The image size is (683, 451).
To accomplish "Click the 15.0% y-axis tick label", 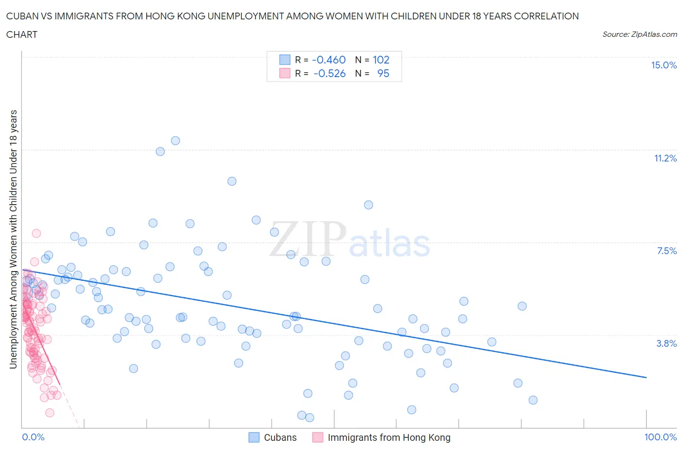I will (x=664, y=65).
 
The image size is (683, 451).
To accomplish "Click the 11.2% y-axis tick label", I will (x=665, y=158).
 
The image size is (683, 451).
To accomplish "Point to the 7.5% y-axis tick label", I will (x=666, y=251).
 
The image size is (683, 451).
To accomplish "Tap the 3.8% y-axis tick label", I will (x=666, y=343).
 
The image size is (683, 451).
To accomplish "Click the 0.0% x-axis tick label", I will (x=33, y=437).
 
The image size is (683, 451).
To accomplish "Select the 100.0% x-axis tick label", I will (x=660, y=437).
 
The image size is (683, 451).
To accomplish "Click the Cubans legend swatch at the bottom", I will (x=254, y=437).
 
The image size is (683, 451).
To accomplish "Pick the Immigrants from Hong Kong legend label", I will (x=389, y=437).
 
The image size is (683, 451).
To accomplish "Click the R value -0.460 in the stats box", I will (x=329, y=60).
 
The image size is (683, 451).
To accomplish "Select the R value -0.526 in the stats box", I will (x=329, y=73).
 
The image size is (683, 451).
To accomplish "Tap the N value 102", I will (x=381, y=60).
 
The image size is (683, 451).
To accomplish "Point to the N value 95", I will (x=383, y=73).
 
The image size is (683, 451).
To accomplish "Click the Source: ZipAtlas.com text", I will (x=639, y=34).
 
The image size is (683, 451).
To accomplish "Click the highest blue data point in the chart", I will (x=175, y=141).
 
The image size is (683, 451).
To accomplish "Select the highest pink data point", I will (x=36, y=233).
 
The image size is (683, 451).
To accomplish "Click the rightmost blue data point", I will (x=533, y=400).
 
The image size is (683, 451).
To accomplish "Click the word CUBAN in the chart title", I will (x=21, y=16).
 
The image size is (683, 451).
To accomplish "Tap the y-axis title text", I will (x=14, y=239).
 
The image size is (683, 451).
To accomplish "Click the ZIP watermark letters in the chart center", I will (x=307, y=239).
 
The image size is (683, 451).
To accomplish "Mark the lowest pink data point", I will (x=50, y=413).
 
